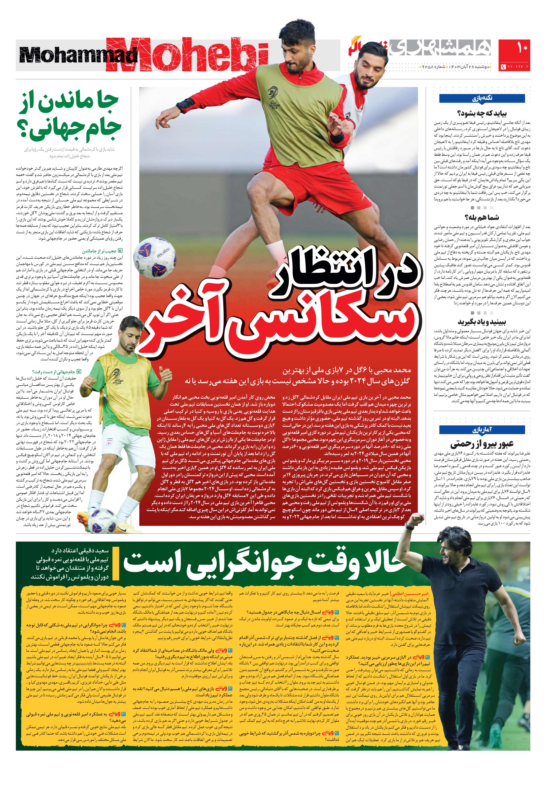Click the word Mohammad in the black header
(x=79, y=55)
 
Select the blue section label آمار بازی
(x=482, y=430)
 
